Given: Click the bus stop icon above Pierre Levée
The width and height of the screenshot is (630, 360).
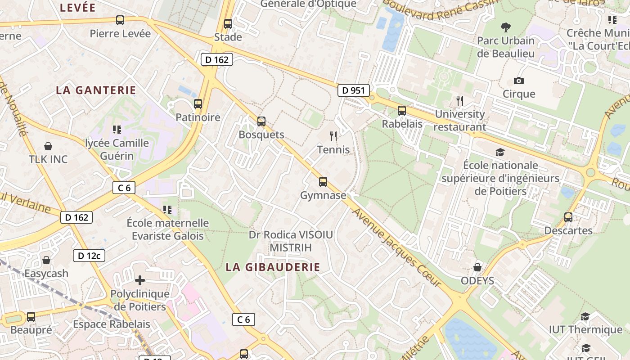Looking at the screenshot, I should coord(120,20).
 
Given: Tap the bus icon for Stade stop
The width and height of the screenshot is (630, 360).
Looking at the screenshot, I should coord(228,24).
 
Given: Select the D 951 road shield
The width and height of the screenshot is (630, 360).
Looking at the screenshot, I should coord(353,90).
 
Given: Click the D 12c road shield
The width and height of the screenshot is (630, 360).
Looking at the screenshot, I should coord(89,256).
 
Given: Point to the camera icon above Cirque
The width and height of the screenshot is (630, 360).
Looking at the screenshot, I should coord(519,81).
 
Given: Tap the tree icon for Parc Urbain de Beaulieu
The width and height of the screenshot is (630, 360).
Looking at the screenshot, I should coord(506,27).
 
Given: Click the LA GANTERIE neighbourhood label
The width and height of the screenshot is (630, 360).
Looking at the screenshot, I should coord(96,90).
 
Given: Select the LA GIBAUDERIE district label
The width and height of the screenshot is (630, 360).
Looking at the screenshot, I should coord(273,267).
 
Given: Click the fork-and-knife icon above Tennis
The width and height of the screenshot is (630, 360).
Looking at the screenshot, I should coord(333,136).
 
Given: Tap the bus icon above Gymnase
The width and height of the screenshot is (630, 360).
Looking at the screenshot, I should coord(323,182).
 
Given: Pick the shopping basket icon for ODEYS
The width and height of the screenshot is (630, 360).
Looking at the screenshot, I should coord(477,268).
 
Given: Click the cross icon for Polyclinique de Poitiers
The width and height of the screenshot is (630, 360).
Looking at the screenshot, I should coord(140,280).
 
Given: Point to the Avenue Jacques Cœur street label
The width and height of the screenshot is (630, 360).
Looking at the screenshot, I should coord(396,247).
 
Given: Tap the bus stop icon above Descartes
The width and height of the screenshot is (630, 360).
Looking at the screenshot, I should coord(568,217).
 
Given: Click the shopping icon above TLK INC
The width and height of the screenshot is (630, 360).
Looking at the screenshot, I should coord(48,146).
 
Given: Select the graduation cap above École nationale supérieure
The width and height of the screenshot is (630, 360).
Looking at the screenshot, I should coord(500,152).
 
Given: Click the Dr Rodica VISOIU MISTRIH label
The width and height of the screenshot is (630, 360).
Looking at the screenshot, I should coord(291,241).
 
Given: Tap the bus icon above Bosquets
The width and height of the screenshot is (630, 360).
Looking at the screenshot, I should coord(261,121).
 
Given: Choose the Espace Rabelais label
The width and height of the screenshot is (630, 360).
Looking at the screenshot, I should coord(112,324).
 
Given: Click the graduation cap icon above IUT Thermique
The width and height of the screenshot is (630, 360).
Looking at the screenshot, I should coord(585,317).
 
